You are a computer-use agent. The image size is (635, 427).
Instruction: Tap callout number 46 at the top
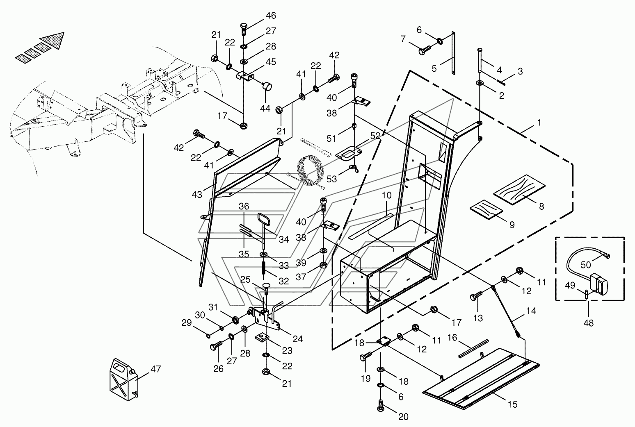pyautogui.click(x=271, y=16)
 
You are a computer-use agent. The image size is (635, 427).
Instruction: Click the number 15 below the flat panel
pyautogui.click(x=512, y=404)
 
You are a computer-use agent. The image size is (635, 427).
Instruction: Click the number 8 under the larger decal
pyautogui.click(x=541, y=207)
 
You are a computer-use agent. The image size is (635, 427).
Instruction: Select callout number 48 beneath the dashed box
pyautogui.click(x=589, y=323)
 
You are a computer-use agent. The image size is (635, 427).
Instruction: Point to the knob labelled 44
pyautogui.click(x=268, y=86)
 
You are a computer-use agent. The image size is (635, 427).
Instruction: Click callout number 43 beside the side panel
pyautogui.click(x=197, y=195)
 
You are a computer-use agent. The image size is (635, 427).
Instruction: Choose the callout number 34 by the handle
pyautogui.click(x=284, y=239)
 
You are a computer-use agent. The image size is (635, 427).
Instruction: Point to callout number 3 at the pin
pyautogui.click(x=520, y=71)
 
